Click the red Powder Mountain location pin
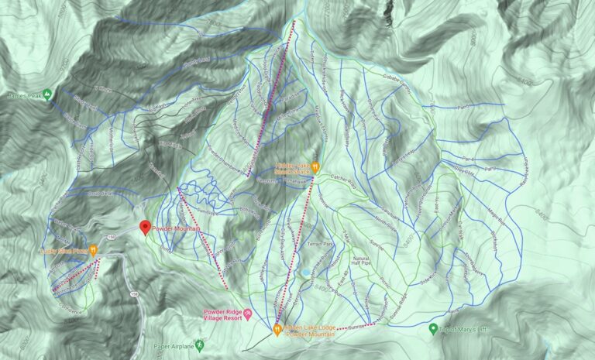coord(144,227)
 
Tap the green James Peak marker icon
coord(47,94)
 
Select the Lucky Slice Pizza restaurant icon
coord(94,250)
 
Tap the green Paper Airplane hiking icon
coord(200,344)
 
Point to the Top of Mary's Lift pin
coord(433,329)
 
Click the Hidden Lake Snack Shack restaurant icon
coord(316,166)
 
